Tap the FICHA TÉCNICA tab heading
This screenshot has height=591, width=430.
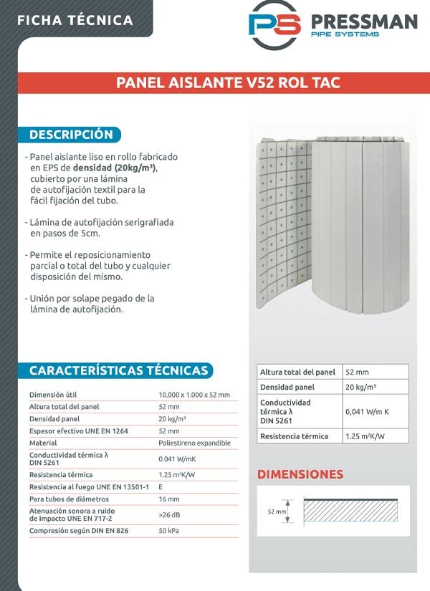(x=75, y=19)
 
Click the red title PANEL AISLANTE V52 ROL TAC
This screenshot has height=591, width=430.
(x=228, y=83)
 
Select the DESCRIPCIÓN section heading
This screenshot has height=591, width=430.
(x=71, y=135)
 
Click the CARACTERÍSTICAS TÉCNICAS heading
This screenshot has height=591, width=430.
(x=119, y=370)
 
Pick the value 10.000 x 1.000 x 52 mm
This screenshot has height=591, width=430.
(x=193, y=395)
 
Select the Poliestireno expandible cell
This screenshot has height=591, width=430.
(x=194, y=443)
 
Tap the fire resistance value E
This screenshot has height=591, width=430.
(x=161, y=487)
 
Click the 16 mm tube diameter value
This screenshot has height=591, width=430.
(x=168, y=499)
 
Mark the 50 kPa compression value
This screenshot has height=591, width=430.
(x=169, y=531)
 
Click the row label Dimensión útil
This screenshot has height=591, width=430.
(x=53, y=395)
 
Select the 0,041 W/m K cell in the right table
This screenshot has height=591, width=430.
(x=367, y=412)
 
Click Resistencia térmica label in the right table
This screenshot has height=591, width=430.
(x=294, y=436)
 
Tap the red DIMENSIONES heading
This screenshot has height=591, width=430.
(x=300, y=474)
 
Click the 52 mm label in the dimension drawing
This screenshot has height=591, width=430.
(x=277, y=512)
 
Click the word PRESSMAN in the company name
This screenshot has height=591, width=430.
(x=363, y=21)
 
